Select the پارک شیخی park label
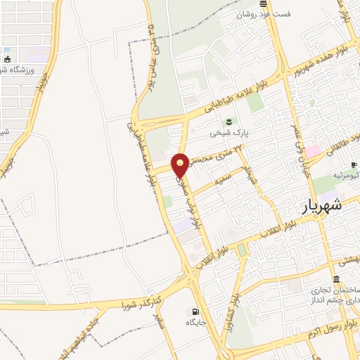pyautogui.click(x=227, y=132)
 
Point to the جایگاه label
pyautogui.click(x=195, y=323)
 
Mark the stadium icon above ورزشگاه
pyautogui.click(x=7, y=59)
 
